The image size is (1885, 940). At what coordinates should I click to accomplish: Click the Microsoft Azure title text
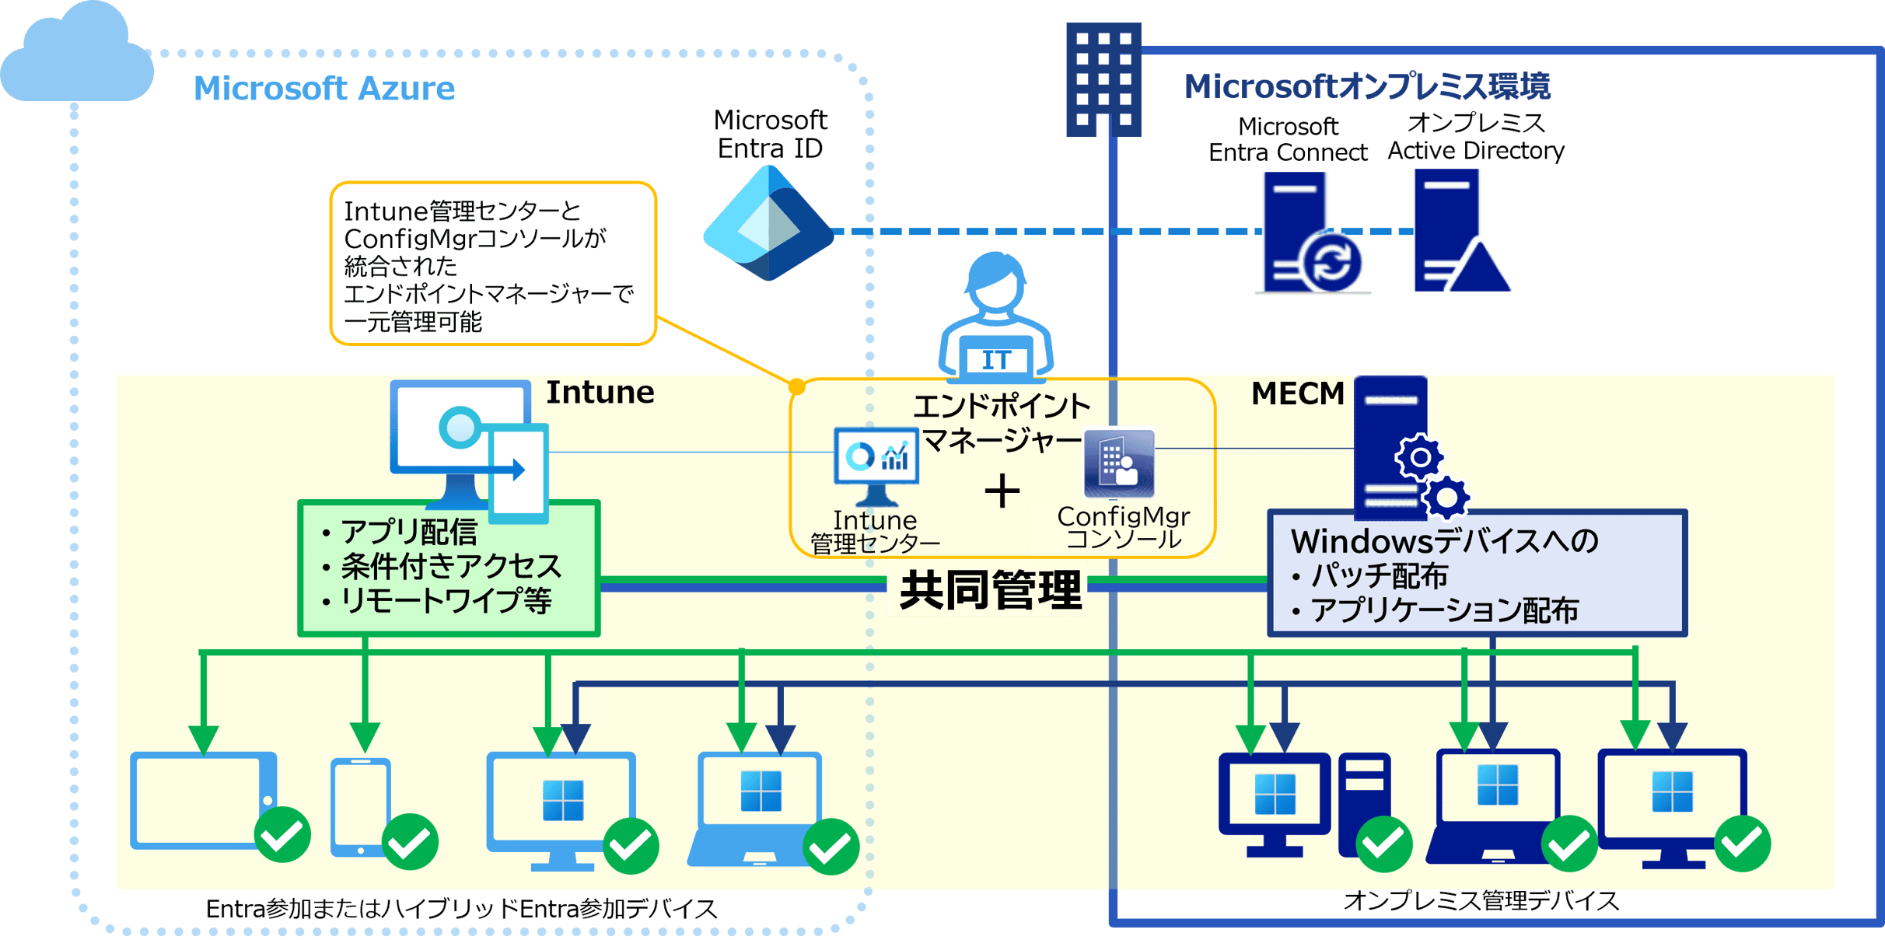324,89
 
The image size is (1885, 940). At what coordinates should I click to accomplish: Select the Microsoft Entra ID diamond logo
768,225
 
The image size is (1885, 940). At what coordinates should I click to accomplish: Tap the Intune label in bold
600,393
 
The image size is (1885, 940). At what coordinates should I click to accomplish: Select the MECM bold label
1297,394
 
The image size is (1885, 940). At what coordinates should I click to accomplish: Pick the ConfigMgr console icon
1119,464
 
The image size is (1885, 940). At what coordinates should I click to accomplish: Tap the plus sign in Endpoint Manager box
1002,491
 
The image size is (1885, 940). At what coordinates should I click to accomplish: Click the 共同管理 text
989,590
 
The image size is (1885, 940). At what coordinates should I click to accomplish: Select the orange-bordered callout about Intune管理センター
492,264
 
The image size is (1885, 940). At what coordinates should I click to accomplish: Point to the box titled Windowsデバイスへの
1476,574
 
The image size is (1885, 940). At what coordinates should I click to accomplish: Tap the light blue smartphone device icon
360,807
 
